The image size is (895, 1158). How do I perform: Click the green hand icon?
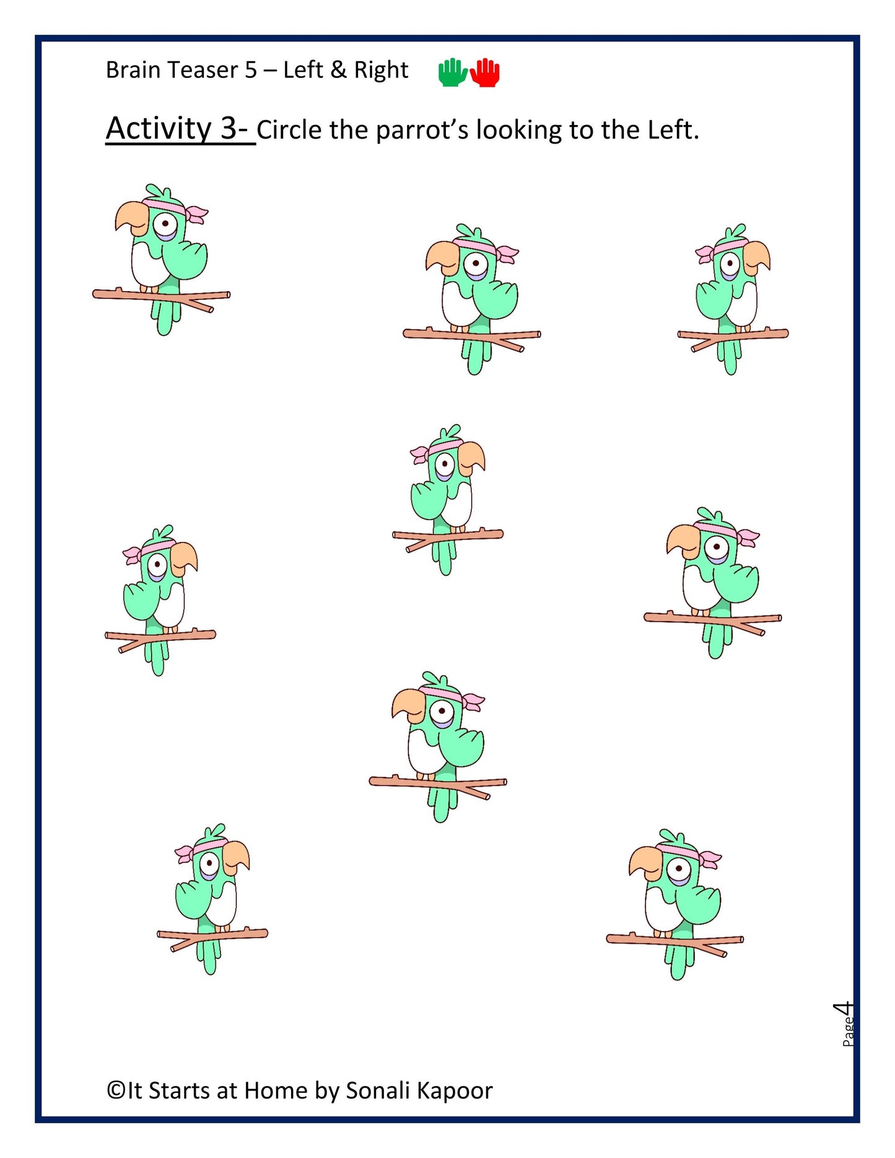pos(452,72)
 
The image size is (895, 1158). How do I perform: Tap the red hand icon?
pos(486,72)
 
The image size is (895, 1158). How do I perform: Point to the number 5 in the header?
pos(251,70)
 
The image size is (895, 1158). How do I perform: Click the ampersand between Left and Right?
pos(338,70)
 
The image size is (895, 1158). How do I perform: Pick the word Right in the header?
pos(380,70)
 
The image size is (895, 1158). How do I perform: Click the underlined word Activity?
pos(159,128)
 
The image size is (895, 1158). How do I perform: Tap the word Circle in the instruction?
pos(290,130)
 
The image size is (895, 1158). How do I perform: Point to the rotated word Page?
pos(848,1032)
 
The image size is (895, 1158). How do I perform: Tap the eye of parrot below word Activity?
pos(165,222)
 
